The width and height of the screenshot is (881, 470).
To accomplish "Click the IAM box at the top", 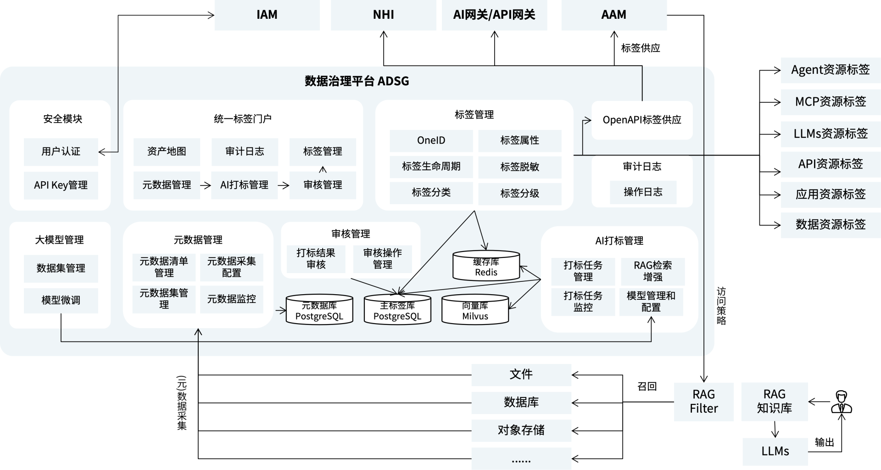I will pyautogui.click(x=267, y=15).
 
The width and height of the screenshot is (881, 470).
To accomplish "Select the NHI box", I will pyautogui.click(x=383, y=15).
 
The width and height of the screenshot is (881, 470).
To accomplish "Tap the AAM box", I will pyautogui.click(x=613, y=15).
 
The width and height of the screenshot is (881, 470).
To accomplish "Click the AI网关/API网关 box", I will pyautogui.click(x=494, y=15).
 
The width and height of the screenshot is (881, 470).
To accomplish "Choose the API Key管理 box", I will pyautogui.click(x=61, y=185).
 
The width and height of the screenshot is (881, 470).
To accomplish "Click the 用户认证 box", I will pyautogui.click(x=61, y=151).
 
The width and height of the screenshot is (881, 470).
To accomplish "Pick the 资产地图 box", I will pyautogui.click(x=167, y=151).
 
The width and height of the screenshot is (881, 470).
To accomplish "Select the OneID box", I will pyautogui.click(x=431, y=140).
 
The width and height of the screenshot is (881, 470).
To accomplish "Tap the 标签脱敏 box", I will pyautogui.click(x=519, y=167).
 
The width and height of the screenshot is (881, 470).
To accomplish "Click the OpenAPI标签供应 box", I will pyautogui.click(x=641, y=120).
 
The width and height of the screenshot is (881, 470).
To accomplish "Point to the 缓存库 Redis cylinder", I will pyautogui.click(x=486, y=266).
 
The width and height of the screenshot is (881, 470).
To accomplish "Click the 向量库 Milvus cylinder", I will pyautogui.click(x=475, y=310).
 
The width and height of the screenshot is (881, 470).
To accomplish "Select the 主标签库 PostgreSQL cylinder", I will pyautogui.click(x=397, y=310).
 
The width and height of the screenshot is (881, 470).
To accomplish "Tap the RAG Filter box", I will pyautogui.click(x=703, y=402).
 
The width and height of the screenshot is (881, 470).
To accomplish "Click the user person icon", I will pyautogui.click(x=841, y=402).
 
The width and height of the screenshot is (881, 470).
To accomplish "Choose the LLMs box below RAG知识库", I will pyautogui.click(x=775, y=451).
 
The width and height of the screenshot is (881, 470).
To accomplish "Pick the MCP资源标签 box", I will pyautogui.click(x=831, y=101).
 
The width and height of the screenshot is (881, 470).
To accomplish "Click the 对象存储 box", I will pyautogui.click(x=521, y=430).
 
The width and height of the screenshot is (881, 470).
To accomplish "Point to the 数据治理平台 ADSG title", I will pyautogui.click(x=357, y=81).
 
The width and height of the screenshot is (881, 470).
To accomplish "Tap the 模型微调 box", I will pyautogui.click(x=61, y=300).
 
